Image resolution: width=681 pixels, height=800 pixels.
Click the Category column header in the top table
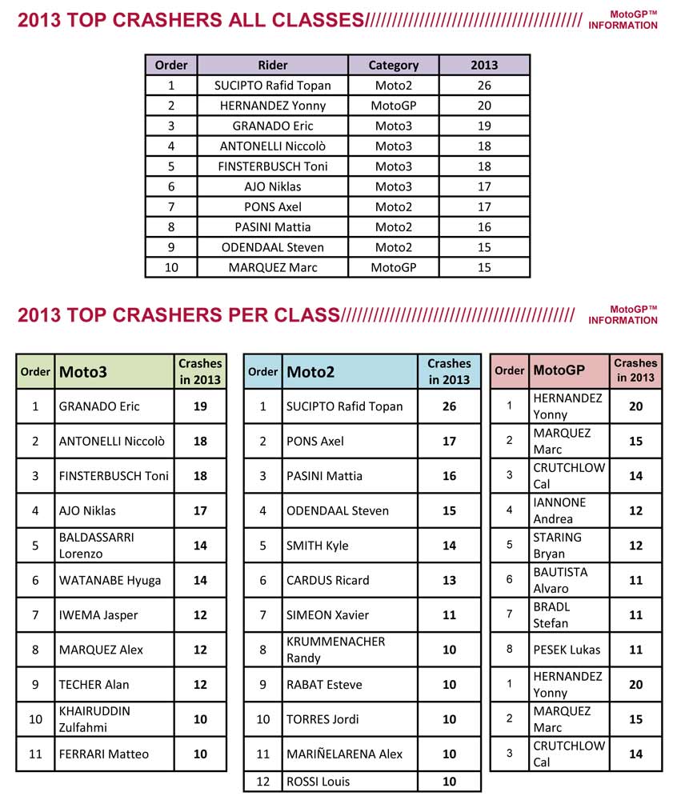[x=393, y=65]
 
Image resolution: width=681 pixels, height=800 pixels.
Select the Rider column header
[x=273, y=65]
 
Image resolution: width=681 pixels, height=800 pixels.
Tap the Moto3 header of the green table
[x=83, y=371]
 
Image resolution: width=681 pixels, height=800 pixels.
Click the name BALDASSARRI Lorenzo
[x=96, y=545]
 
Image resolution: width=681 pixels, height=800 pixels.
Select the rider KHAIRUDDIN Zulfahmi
[x=94, y=718]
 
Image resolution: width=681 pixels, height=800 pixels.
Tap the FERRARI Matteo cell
[x=103, y=754]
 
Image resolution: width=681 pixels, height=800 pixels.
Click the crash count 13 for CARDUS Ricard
[x=449, y=580]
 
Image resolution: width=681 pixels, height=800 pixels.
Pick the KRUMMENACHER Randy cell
[x=335, y=650]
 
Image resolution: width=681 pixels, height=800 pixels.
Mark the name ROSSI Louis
[x=318, y=782]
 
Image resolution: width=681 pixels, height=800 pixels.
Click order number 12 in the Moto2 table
[x=262, y=782]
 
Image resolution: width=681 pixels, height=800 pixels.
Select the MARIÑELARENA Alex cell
[x=344, y=754]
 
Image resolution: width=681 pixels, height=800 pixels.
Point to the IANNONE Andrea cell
[x=559, y=510]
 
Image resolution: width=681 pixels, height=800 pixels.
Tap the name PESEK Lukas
[x=566, y=650]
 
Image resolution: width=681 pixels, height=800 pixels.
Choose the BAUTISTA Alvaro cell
[x=560, y=580]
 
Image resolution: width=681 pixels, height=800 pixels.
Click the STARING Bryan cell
[x=557, y=545]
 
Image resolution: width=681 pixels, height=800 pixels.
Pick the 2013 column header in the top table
[x=484, y=65]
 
